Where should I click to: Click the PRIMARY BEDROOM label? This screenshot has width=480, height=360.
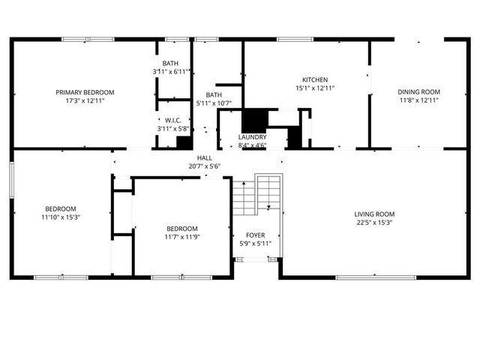pos(84,91)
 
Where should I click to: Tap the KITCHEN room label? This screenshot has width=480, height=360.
pos(315,79)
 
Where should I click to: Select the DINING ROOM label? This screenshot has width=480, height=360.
pos(418,91)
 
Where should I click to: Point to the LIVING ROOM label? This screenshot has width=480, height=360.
pos(374,214)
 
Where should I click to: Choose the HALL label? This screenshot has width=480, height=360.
pos(204,158)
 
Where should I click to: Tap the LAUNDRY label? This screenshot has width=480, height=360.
pos(252,137)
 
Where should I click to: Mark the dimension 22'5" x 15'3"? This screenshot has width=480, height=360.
pos(374,222)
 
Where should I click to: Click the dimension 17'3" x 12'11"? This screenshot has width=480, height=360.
pos(84,100)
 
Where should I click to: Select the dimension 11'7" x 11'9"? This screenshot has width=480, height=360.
pos(182,237)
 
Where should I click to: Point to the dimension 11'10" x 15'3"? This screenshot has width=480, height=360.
pos(60,217)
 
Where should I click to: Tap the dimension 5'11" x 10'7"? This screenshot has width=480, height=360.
pos(214,103)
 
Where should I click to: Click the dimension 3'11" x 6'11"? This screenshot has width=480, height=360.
pos(170,72)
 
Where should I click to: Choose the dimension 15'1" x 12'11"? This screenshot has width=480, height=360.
pos(315,88)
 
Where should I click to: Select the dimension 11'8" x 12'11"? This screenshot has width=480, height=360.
pos(418,100)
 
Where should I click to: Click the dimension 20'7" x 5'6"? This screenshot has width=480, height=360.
pos(204,166)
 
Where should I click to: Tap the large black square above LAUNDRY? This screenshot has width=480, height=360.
pos(254,120)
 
